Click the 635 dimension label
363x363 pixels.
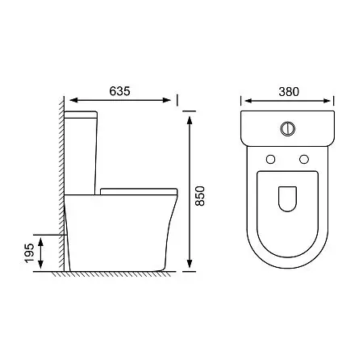pos(119,91)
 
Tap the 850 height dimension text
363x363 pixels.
pos(200,196)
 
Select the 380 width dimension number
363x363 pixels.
pos(289,92)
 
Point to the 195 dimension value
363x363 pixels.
pos(29,253)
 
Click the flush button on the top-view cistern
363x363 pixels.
pos(288,129)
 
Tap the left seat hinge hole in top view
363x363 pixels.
pos(270,159)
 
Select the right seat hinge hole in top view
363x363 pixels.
pos(304,159)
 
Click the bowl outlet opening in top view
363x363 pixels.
pos(287,199)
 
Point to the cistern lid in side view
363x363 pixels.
pos(81,115)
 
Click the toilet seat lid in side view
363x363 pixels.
pos(139,191)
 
